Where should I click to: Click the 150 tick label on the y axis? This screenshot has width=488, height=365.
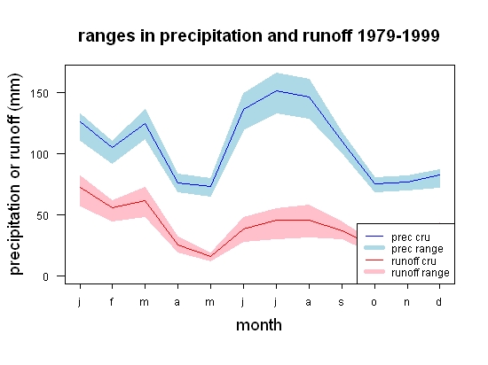tap(39, 93)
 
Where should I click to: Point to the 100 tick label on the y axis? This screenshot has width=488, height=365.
tap(39, 154)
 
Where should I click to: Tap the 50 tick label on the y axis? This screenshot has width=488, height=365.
tap(43, 215)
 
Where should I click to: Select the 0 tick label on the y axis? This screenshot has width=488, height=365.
tap(45, 276)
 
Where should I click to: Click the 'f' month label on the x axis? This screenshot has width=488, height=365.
tap(112, 301)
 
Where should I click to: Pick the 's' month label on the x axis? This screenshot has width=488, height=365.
tap(341, 302)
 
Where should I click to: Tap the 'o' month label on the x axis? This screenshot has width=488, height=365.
tap(374, 302)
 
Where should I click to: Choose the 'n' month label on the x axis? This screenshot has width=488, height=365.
tap(406, 302)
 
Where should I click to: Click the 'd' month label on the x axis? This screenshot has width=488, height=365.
tap(439, 301)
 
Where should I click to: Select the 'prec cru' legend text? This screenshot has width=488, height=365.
tap(411, 237)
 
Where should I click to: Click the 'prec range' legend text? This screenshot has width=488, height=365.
tap(417, 249)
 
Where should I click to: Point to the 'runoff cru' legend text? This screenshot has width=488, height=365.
tap(413, 261)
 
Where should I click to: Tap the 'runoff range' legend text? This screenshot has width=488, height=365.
tap(421, 273)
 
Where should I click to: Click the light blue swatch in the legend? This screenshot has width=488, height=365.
tap(374, 248)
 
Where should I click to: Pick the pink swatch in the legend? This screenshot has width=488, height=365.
tap(374, 272)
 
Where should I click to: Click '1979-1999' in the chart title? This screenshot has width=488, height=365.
tap(398, 35)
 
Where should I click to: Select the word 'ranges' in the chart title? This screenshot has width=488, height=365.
tap(106, 37)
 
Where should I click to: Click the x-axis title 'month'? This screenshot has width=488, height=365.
tap(259, 325)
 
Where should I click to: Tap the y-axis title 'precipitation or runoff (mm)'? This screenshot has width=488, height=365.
tap(15, 175)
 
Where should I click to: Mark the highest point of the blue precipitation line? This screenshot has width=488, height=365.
tap(276, 90)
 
